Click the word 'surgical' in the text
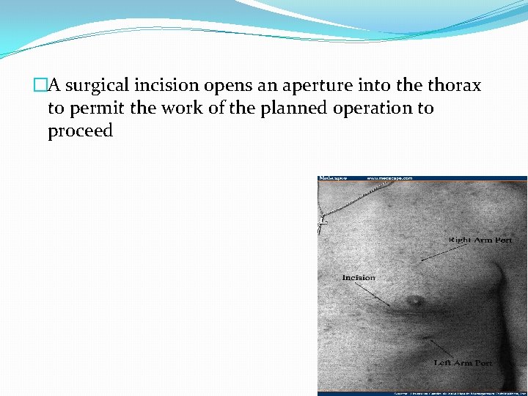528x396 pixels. pos(95,87)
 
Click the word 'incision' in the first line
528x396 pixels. pos(161,87)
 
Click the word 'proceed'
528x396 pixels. pos(80,132)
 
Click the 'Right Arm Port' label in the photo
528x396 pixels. pos(480,240)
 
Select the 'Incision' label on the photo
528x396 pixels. pos(359,277)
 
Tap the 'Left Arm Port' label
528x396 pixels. pos(463,362)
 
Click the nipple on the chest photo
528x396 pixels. pos(415,298)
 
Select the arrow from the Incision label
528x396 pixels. pos(378,296)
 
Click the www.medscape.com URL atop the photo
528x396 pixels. pos(389,178)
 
